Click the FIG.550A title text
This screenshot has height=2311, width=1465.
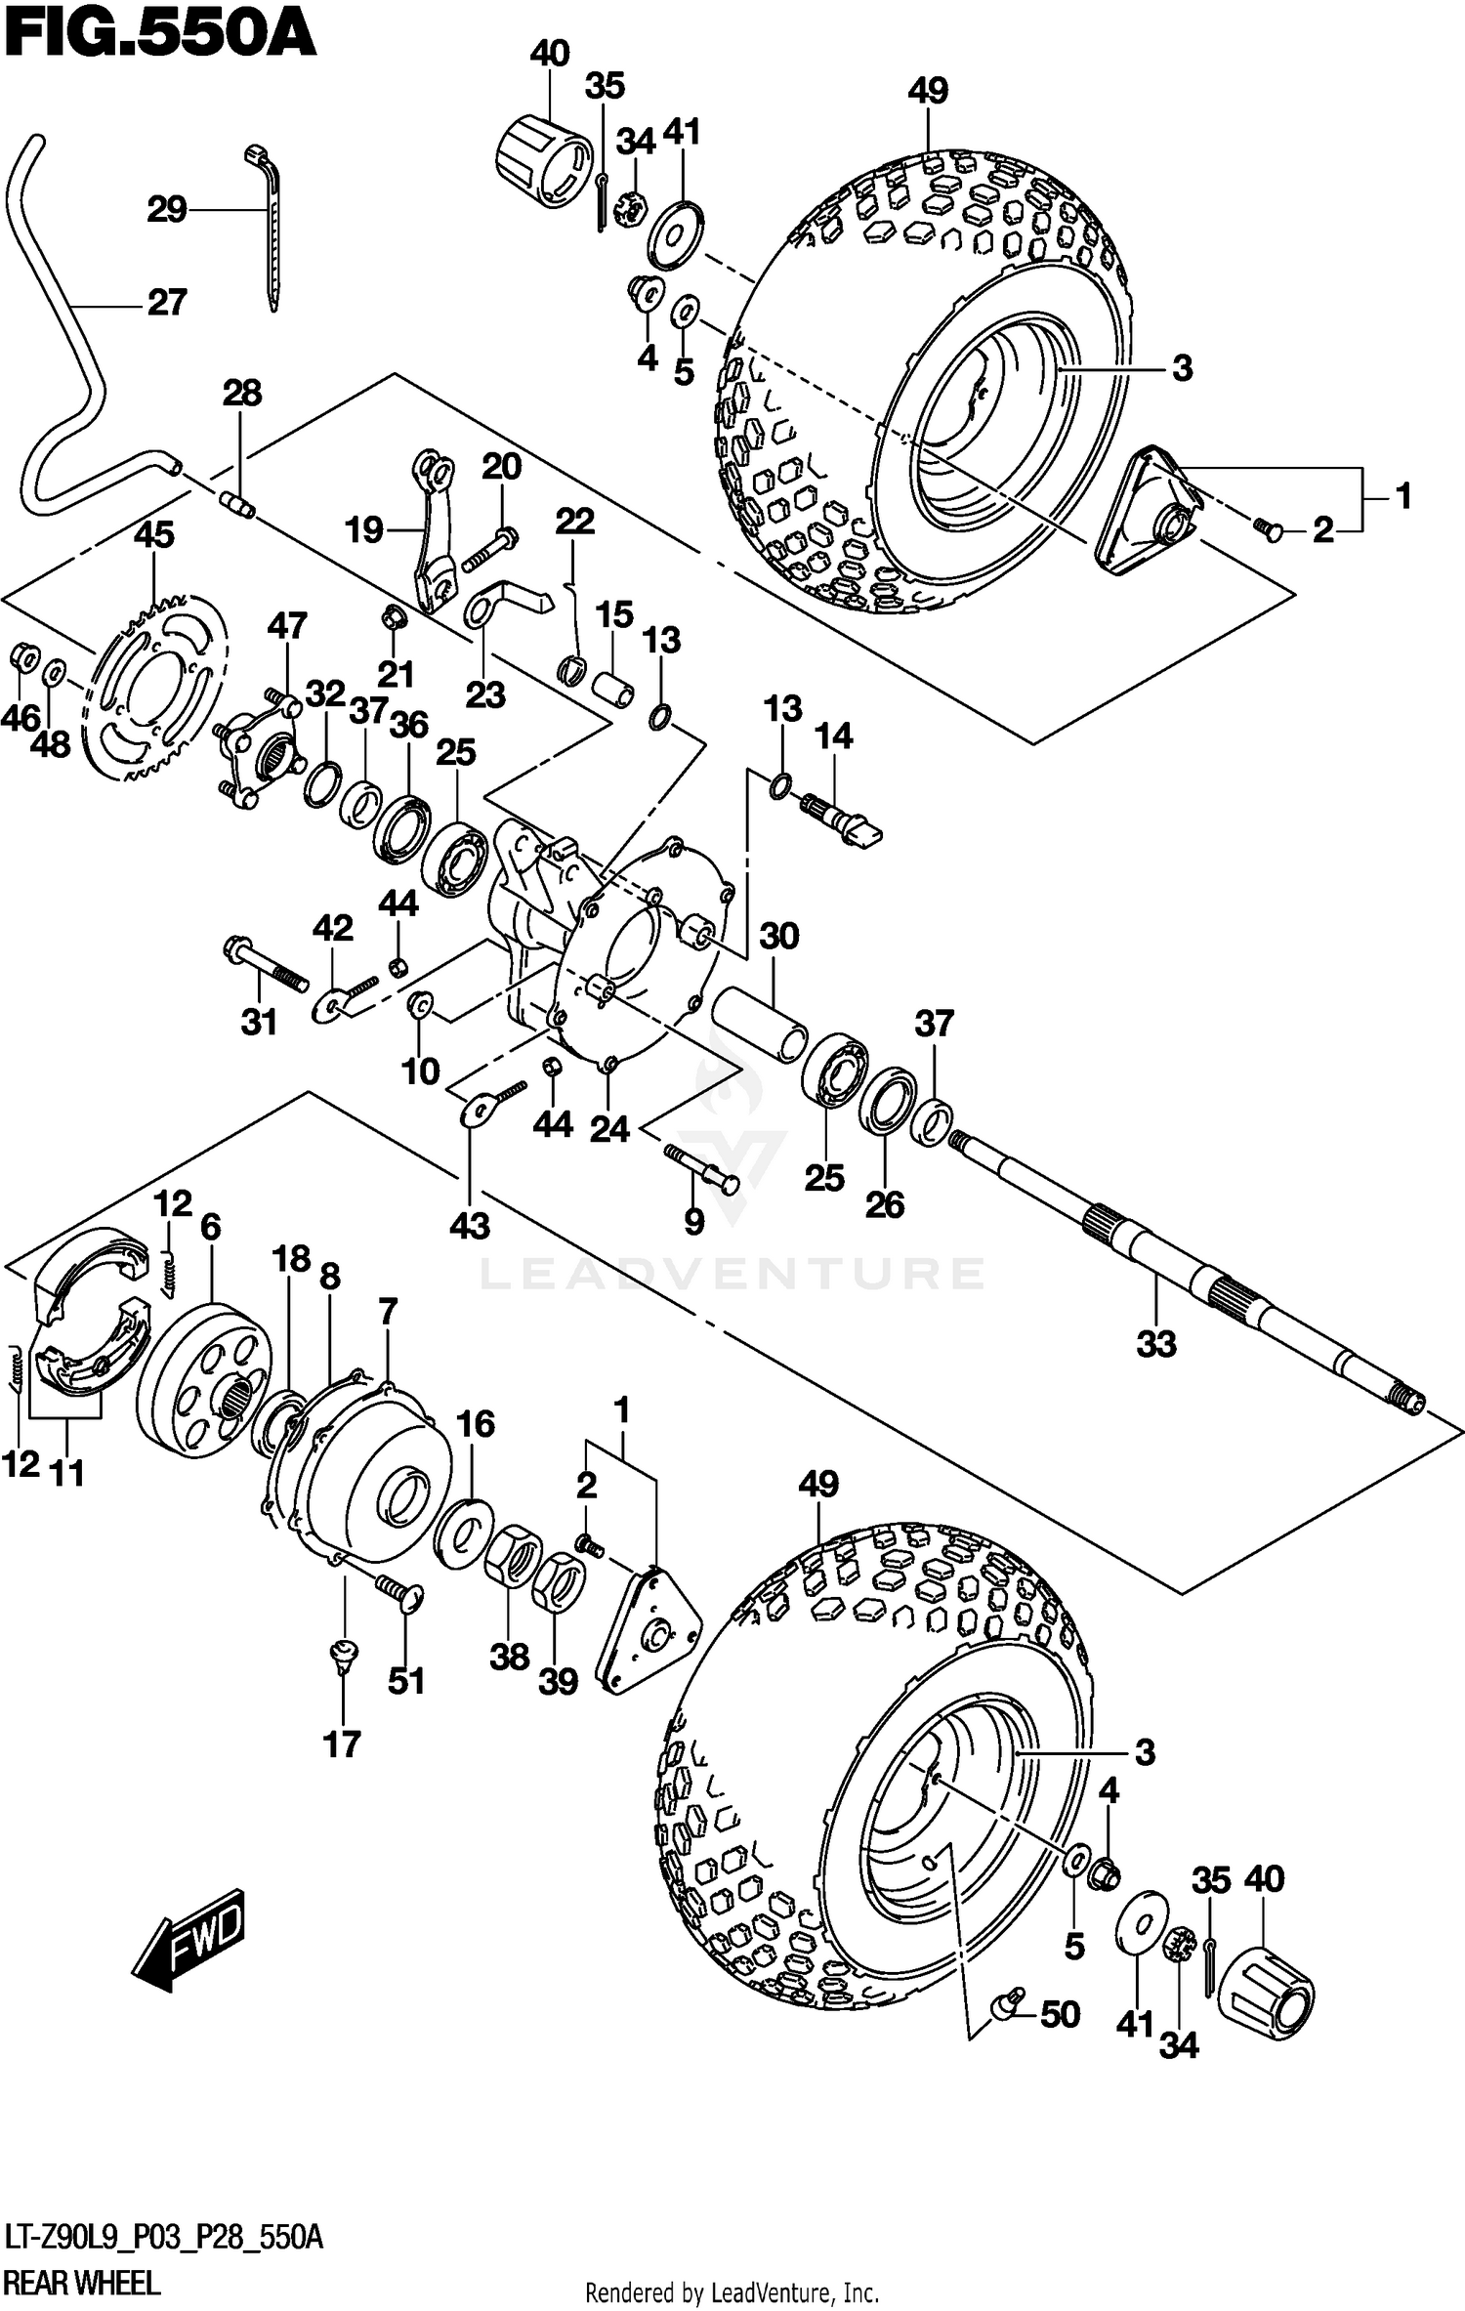click(x=159, y=37)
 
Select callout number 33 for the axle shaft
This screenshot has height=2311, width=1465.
click(x=1156, y=1344)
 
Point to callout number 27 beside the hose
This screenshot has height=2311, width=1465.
click(x=166, y=303)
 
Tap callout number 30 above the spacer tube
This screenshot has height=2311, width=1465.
click(x=778, y=937)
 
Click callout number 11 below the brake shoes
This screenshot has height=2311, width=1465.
click(x=67, y=1472)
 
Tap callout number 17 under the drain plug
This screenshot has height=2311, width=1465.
click(x=342, y=1744)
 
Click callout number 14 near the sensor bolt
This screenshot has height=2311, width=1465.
click(x=833, y=735)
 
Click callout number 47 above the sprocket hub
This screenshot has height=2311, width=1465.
click(x=287, y=626)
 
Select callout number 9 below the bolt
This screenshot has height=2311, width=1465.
click(x=693, y=1221)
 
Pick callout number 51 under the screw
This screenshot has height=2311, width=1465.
click(x=406, y=1681)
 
